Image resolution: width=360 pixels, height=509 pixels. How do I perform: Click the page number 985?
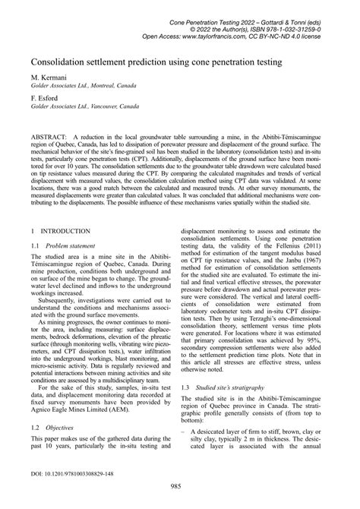coord(179,498)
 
